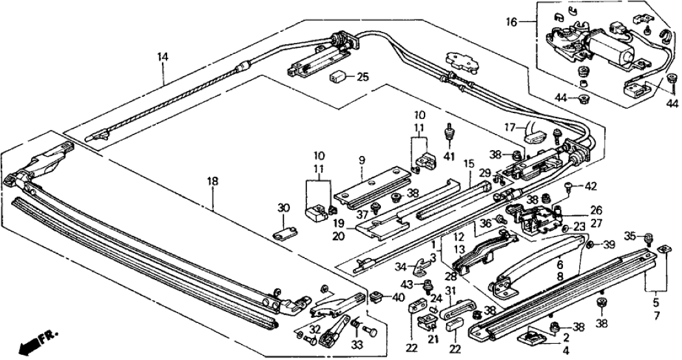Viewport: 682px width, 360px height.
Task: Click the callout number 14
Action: (x=162, y=57)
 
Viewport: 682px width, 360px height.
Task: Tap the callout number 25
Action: (x=363, y=77)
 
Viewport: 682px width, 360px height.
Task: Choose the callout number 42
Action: (x=590, y=186)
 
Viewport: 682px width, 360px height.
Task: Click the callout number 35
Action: (x=629, y=236)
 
